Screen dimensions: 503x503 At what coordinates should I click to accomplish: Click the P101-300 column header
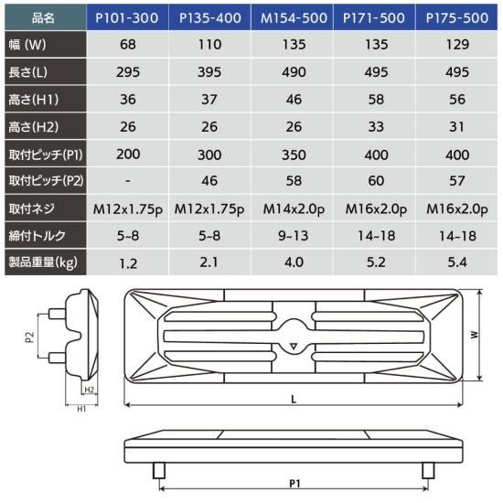127,17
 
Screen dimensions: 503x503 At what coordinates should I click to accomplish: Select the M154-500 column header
293,17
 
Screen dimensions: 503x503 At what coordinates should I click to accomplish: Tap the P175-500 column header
456,17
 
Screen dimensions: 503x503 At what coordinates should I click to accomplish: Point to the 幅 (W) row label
27,44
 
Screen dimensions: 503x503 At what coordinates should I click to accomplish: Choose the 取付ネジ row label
31,209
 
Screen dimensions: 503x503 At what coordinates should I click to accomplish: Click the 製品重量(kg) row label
43,262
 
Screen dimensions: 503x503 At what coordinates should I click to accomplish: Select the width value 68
128,44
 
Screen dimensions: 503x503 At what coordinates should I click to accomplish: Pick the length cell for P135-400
209,72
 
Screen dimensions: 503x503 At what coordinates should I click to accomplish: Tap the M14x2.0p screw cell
294,209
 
